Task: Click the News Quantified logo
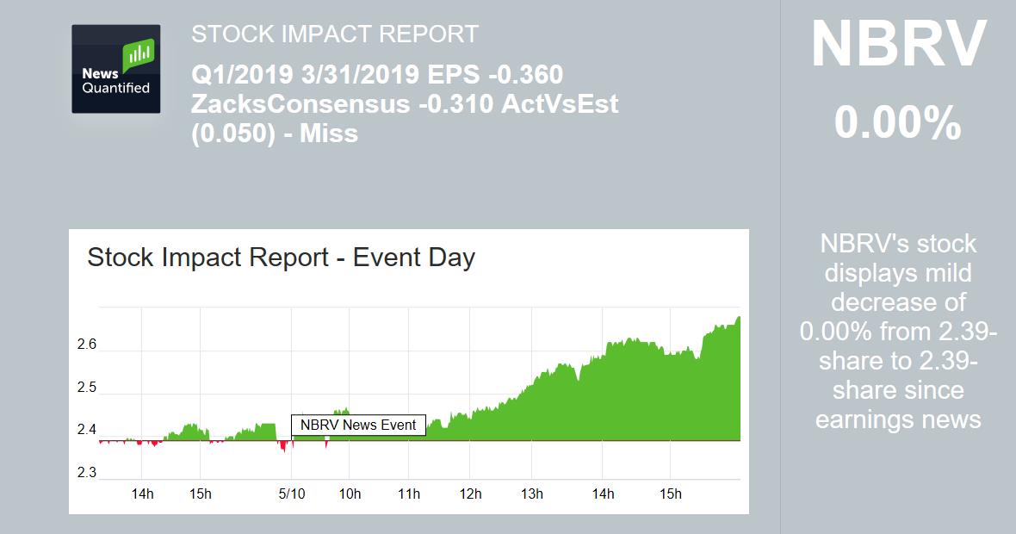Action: click(115, 69)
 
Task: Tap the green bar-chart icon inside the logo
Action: click(138, 57)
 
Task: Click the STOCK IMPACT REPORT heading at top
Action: click(334, 34)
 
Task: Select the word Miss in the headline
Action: click(329, 133)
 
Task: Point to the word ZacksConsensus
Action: click(300, 104)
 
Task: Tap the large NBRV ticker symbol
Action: click(898, 45)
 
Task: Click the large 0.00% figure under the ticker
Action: click(897, 123)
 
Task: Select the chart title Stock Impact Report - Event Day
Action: click(282, 258)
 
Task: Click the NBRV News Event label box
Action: click(358, 425)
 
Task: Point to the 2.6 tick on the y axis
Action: click(86, 345)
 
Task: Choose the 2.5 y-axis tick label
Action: click(86, 388)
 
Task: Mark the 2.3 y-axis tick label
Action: click(86, 472)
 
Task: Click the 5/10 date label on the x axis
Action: click(292, 494)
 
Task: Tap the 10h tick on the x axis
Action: click(350, 494)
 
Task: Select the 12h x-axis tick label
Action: click(470, 494)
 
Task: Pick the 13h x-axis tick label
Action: click(532, 494)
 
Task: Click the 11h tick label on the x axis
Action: click(409, 494)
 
